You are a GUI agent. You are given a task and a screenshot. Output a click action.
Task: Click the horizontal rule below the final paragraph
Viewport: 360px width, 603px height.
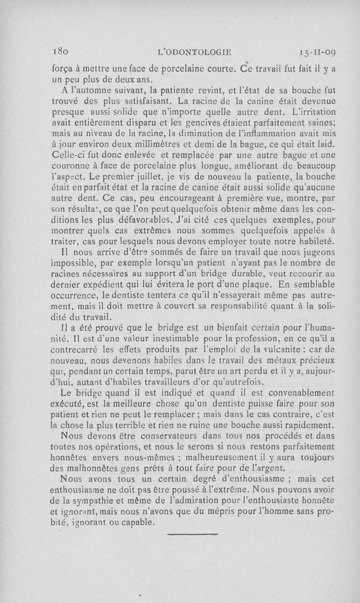[x=192, y=534]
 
